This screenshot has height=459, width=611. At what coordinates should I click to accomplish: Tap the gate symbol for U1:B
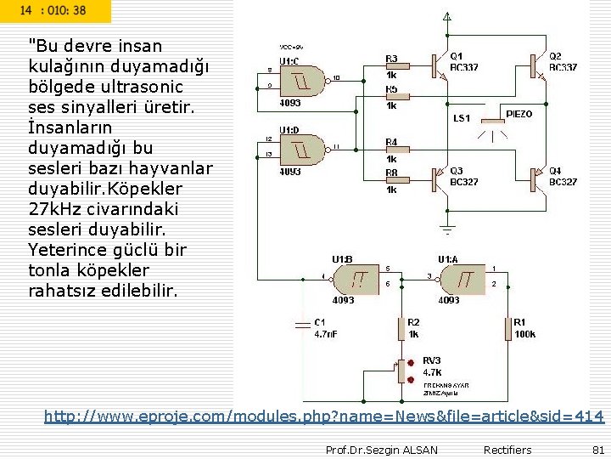[357, 278]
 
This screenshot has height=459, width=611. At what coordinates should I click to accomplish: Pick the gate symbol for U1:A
[462, 278]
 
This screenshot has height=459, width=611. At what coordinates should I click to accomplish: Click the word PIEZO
[519, 114]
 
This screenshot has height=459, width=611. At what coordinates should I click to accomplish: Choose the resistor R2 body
[401, 328]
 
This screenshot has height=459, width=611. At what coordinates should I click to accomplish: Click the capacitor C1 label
[319, 322]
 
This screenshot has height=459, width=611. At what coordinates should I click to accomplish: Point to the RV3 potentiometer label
[431, 360]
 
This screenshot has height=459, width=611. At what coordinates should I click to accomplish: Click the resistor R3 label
[391, 59]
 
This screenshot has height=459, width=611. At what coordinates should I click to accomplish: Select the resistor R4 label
[391, 142]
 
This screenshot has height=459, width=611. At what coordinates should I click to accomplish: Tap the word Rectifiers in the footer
[507, 450]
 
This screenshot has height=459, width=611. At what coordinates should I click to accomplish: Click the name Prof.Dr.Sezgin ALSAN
[382, 450]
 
